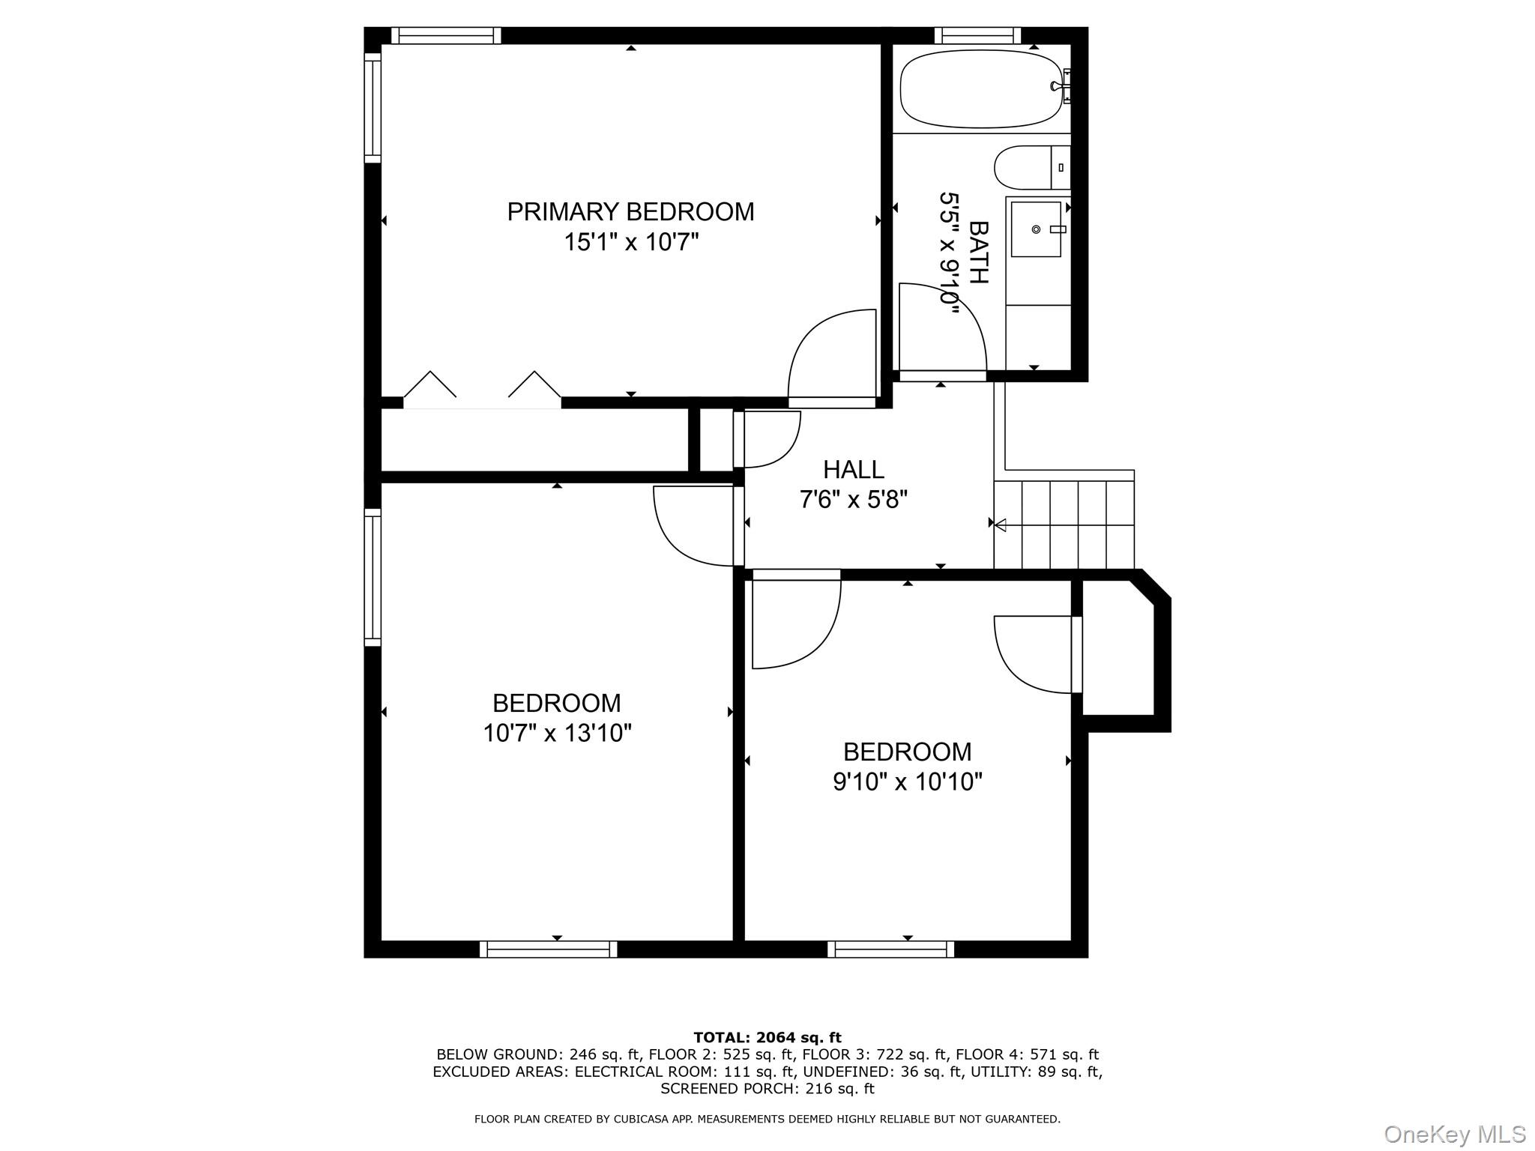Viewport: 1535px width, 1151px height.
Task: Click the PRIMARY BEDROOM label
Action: (630, 212)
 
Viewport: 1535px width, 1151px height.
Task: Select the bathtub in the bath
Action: (980, 89)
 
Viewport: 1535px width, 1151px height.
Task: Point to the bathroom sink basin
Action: (1036, 229)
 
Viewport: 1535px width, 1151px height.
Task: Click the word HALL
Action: (853, 470)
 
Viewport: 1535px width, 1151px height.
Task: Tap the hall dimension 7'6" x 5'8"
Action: (853, 500)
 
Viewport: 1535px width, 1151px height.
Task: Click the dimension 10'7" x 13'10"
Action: (557, 733)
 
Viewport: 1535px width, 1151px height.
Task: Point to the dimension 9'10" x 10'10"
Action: (907, 782)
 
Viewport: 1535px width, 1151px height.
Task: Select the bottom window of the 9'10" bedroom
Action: (890, 949)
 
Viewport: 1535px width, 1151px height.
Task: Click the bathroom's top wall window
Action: (981, 35)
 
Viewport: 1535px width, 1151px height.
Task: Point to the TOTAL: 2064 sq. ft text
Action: (767, 1038)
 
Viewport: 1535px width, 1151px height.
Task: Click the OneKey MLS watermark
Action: (1454, 1134)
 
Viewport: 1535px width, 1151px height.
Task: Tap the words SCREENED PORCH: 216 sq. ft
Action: (767, 1089)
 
